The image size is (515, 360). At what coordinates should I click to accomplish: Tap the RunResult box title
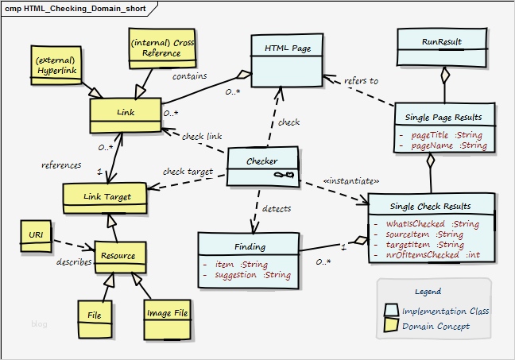click(441, 41)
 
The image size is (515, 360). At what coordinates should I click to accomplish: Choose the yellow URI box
click(37, 235)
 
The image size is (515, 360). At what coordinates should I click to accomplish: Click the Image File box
click(166, 313)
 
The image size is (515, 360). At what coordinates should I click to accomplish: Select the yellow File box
click(95, 315)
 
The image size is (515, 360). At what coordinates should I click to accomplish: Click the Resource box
click(118, 257)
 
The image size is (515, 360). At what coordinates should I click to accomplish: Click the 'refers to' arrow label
click(361, 80)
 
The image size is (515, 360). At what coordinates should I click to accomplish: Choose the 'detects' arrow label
click(276, 209)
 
